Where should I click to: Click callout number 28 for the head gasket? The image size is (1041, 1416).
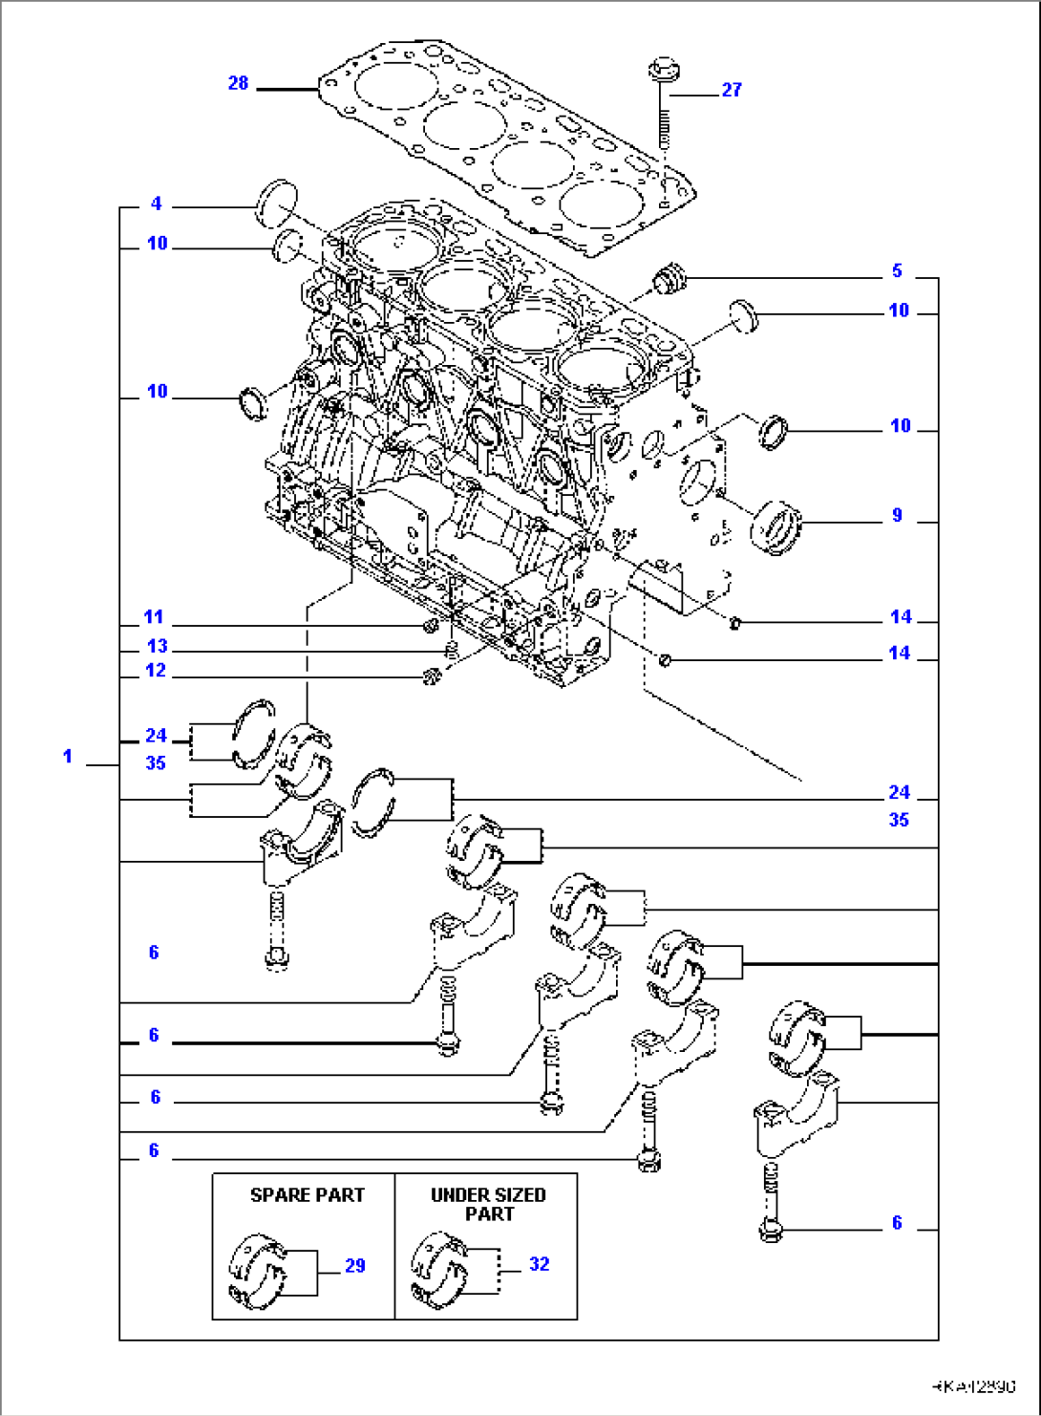click(x=238, y=83)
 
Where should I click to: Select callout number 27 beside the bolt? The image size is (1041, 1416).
click(x=732, y=90)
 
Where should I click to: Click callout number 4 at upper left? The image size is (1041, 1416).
click(x=156, y=204)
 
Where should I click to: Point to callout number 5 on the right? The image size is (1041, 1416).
click(x=897, y=271)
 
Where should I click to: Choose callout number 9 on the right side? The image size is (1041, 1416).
click(x=897, y=516)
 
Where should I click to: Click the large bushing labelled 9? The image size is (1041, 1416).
click(x=776, y=526)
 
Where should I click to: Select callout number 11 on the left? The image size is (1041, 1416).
click(x=154, y=617)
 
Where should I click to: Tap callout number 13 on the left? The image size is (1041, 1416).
click(x=157, y=646)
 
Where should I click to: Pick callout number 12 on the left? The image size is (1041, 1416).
click(x=156, y=671)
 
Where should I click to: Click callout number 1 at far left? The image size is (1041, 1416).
click(x=68, y=757)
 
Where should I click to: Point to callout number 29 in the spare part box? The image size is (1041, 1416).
click(x=354, y=1266)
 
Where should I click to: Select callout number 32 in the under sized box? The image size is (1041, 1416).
click(x=539, y=1264)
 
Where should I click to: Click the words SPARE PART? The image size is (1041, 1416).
click(x=307, y=1195)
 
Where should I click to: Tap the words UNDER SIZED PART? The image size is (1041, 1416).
click(x=488, y=1204)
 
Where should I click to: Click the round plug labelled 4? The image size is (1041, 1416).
click(x=277, y=200)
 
